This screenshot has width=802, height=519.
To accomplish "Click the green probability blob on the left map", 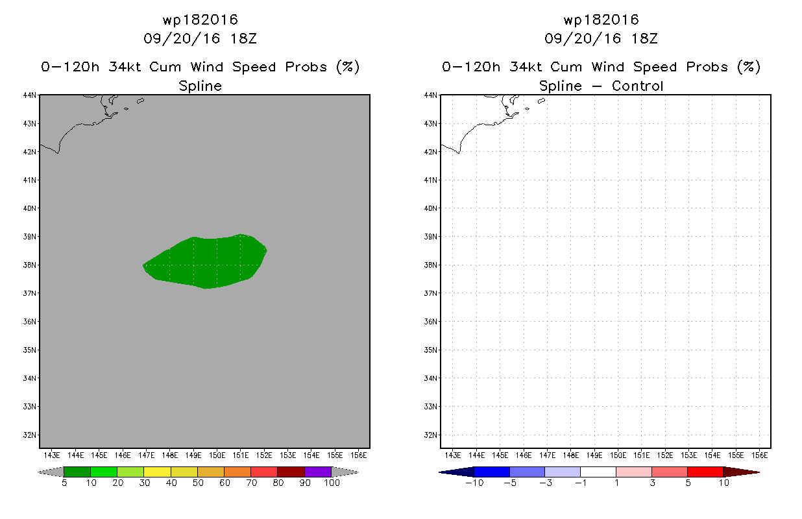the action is point(206,262).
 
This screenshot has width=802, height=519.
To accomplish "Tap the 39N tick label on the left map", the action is point(30,237).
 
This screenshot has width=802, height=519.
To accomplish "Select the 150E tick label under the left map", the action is point(217,455).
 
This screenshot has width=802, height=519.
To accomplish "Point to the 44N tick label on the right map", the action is point(431,95).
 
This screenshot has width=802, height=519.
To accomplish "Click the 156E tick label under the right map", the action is point(760,455).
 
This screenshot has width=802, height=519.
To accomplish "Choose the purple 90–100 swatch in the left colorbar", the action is point(318,472).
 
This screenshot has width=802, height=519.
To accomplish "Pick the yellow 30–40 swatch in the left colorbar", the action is point(158,472).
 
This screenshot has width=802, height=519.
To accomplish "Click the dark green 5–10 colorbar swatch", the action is point(77,472).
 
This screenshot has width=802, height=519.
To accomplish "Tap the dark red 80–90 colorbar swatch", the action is point(291,472).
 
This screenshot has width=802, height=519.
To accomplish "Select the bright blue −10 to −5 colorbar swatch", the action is point(492,472).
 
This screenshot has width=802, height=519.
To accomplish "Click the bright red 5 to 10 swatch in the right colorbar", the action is point(705,472).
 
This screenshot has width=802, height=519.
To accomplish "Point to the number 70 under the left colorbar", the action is point(251,483).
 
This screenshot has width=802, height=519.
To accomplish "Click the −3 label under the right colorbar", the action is point(545,483).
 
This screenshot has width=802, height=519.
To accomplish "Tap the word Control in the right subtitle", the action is point(637,86).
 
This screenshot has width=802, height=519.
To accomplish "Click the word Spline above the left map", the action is point(200,86).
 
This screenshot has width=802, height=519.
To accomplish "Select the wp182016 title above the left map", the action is point(200,19).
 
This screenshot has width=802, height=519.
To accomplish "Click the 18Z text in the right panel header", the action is point(644,39).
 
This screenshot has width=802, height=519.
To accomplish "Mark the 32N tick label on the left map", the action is point(30,435).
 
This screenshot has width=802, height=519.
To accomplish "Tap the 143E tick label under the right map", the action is point(452,455).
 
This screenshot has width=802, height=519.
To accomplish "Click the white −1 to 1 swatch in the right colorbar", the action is point(598,472).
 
